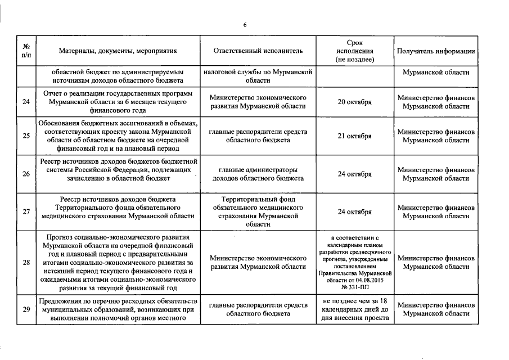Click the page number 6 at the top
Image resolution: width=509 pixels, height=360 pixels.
(x=245, y=24)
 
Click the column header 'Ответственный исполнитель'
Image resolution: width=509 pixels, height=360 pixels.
(x=258, y=51)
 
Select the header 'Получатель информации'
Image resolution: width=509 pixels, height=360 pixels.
(x=436, y=51)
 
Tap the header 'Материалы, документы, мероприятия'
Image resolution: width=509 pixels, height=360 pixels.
(x=118, y=51)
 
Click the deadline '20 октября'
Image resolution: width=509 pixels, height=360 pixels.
(x=354, y=102)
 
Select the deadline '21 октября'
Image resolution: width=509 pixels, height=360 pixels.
(x=354, y=136)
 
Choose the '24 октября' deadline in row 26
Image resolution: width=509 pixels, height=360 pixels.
(x=354, y=174)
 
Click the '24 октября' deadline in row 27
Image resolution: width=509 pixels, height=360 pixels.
(x=354, y=212)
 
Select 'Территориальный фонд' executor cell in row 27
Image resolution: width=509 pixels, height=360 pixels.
(x=258, y=200)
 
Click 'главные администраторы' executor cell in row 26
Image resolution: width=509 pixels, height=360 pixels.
(x=258, y=170)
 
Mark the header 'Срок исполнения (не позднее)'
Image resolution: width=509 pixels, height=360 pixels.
(x=354, y=51)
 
